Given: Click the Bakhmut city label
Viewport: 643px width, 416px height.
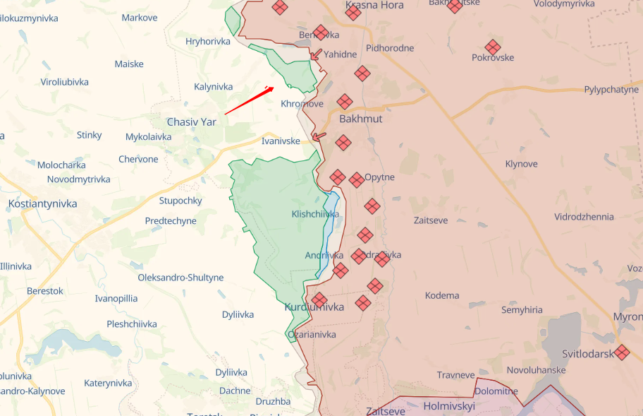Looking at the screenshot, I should tap(360, 119).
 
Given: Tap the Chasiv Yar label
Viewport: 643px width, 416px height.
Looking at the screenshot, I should tap(192, 121).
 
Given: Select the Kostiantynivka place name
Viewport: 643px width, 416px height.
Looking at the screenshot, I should tap(42, 203).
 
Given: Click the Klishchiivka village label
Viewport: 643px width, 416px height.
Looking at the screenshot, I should tap(314, 213).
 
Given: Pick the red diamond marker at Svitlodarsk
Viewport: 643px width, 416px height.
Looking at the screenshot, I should tap(621, 352).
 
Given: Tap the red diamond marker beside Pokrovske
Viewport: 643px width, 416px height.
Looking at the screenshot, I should tap(493, 47).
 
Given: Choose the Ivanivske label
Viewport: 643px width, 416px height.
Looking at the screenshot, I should tap(281, 141).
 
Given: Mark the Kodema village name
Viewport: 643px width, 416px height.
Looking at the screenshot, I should tap(442, 295).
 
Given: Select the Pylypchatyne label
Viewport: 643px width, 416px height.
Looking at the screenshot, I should tap(611, 90).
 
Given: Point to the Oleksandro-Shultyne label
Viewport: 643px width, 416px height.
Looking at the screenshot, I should tap(180, 278).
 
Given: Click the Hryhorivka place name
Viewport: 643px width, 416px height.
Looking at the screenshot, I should tap(208, 41).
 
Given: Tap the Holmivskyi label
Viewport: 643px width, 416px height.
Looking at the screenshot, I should tap(449, 405).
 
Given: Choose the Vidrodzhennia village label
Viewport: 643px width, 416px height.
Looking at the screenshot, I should tap(584, 217).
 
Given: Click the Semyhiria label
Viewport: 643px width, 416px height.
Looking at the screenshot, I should tap(522, 309).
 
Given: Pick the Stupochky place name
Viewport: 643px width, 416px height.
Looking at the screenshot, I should tap(180, 201).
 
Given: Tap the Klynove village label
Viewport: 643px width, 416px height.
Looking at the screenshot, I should tap(521, 164).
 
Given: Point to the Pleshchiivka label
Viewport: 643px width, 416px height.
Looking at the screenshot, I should tap(132, 324).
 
